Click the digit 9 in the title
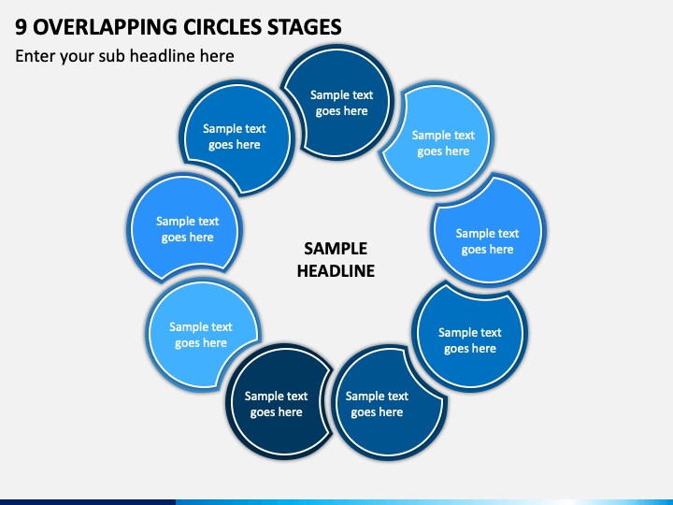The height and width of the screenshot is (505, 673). click(21, 26)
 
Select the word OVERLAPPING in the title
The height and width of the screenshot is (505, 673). click(105, 26)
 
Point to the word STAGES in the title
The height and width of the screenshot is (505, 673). click(305, 26)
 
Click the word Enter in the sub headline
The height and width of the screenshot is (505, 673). click(35, 56)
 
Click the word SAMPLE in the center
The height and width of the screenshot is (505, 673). click(336, 248)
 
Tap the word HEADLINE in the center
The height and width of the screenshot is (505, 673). click(336, 270)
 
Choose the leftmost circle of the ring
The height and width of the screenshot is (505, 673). click(185, 227)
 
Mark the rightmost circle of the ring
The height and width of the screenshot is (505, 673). click(489, 230)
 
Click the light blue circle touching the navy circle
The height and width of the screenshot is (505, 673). click(201, 335)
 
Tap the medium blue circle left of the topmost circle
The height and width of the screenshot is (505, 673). click(236, 137)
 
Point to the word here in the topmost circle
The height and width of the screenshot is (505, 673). click(356, 110)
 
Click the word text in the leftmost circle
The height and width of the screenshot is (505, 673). click(208, 221)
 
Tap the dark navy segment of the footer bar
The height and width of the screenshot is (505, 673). click(88, 502)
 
